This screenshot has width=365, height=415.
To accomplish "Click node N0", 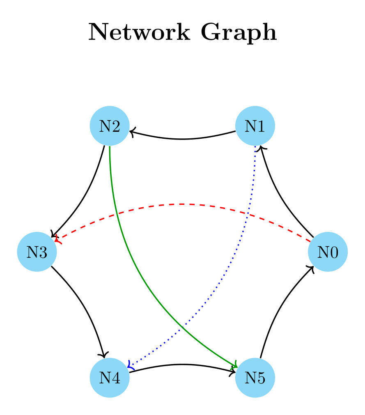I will [x=328, y=252].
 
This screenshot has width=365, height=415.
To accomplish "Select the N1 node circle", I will [x=255, y=126].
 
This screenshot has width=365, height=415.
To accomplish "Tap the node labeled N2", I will [x=110, y=126].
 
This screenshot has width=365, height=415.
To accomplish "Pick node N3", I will [x=37, y=252].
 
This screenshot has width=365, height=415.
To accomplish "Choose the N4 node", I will [x=110, y=378].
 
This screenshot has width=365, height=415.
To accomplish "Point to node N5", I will [x=255, y=378].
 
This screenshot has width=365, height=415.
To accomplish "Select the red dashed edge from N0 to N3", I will [x=182, y=204].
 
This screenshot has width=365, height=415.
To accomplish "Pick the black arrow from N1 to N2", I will [x=182, y=139].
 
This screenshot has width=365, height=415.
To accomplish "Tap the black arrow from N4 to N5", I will [x=182, y=364].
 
